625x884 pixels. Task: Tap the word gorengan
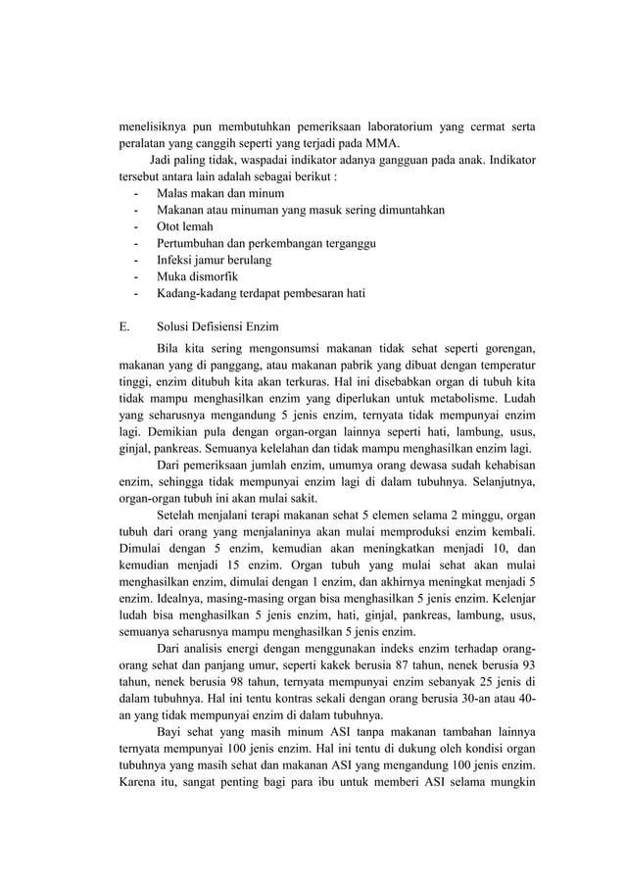507,349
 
